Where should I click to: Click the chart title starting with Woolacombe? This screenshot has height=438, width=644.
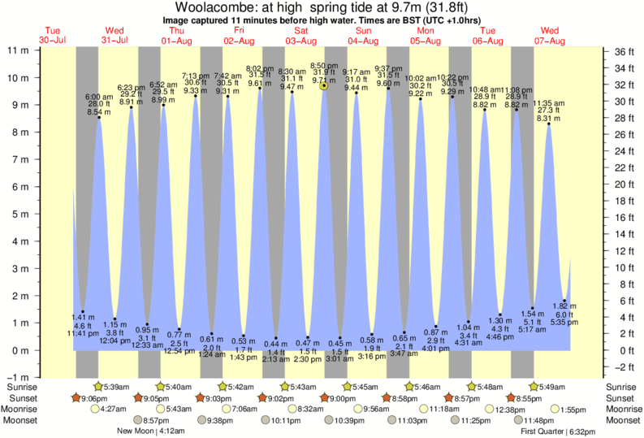coord(322,7)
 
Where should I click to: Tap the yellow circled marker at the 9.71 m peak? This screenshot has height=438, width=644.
coord(324,85)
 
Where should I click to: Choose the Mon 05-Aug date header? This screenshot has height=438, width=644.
coord(426,35)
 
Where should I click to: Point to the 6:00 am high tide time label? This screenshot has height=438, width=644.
coord(99,97)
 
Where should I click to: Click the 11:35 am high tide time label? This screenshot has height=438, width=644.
coord(548,103)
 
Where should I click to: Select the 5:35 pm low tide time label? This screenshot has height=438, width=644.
coord(564,321)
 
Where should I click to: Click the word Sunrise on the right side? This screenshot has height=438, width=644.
coord(622,386)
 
